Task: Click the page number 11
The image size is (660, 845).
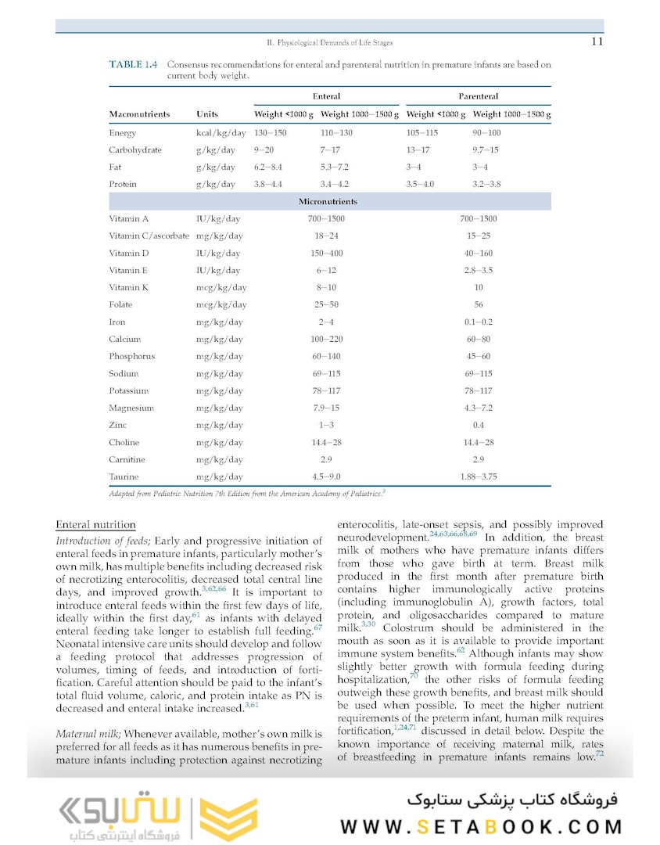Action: (x=597, y=41)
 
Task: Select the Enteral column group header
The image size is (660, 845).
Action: (x=326, y=96)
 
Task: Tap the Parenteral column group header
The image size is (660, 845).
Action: (x=478, y=96)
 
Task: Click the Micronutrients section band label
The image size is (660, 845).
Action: (x=328, y=202)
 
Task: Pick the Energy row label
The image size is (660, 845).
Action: (x=123, y=133)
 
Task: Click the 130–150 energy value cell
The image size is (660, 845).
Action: (x=271, y=133)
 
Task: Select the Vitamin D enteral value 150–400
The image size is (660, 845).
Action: (x=326, y=253)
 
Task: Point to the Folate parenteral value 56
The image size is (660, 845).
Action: (x=478, y=305)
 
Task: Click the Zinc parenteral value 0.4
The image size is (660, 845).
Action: (x=478, y=425)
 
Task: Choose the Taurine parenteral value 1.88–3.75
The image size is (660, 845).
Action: (x=478, y=476)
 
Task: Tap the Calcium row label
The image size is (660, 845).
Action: (x=125, y=340)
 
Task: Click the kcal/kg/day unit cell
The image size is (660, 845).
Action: (x=221, y=133)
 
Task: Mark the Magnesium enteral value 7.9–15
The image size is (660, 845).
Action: (x=326, y=408)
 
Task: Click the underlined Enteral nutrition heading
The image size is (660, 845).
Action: (x=95, y=524)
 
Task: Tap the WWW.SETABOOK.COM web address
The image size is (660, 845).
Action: (x=481, y=827)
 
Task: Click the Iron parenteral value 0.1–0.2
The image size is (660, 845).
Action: (x=478, y=322)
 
